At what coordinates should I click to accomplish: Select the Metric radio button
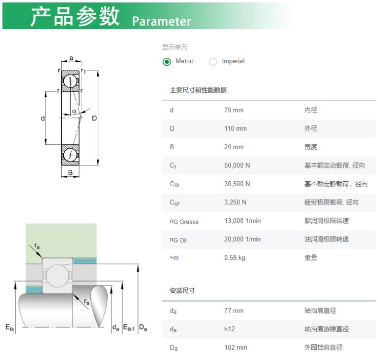tap(167, 62)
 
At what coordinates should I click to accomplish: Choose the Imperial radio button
tap(213, 62)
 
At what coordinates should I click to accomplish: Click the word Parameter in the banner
tap(162, 21)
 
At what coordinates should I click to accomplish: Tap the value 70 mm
tap(234, 110)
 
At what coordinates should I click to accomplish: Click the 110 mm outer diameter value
tap(235, 128)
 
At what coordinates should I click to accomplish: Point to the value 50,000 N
tap(237, 165)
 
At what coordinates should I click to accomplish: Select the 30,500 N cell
tap(237, 184)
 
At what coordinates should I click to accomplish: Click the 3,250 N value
tap(235, 202)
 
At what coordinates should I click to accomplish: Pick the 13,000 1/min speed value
tap(243, 221)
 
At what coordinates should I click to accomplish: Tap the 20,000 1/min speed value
tap(243, 240)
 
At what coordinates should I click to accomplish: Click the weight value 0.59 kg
tap(235, 258)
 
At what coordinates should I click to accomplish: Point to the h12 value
tap(229, 329)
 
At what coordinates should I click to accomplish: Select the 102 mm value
tap(236, 348)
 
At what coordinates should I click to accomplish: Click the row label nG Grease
tap(184, 221)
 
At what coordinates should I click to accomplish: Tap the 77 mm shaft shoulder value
tap(234, 311)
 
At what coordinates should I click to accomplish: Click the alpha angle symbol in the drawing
tap(74, 111)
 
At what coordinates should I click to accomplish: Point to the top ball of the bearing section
tap(70, 81)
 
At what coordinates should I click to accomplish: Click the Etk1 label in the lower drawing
tap(129, 328)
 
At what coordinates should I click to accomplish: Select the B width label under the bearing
tap(70, 172)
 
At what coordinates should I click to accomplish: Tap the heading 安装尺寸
tap(182, 290)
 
